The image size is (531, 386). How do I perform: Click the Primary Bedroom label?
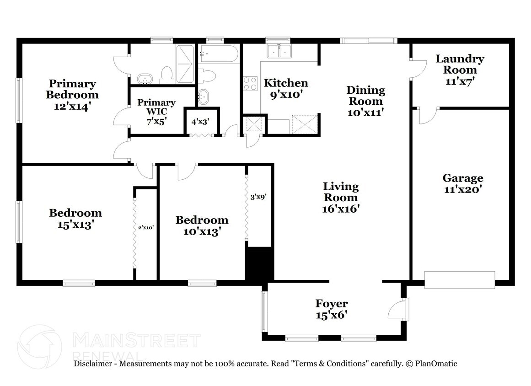(72, 89)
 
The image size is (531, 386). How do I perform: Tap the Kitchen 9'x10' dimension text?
(286, 95)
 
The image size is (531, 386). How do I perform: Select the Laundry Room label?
(460, 64)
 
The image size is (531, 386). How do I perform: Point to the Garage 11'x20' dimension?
(463, 189)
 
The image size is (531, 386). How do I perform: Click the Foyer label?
(332, 303)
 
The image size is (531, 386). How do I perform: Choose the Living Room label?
(341, 192)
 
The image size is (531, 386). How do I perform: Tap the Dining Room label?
(366, 96)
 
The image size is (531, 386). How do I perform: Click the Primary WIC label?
(156, 107)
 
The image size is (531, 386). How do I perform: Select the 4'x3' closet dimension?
(200, 122)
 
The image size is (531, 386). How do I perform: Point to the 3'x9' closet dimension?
(258, 197)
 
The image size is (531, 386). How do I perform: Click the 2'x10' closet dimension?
(146, 228)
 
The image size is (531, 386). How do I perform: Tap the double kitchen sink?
(279, 51)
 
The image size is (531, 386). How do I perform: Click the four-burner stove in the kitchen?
(250, 84)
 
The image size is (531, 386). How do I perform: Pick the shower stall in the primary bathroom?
(185, 64)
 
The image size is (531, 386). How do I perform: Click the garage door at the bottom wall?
(460, 280)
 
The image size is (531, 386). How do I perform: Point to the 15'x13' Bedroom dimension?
(75, 225)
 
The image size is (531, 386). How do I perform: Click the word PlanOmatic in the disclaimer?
(436, 364)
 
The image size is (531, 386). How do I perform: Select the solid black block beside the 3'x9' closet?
(259, 264)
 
